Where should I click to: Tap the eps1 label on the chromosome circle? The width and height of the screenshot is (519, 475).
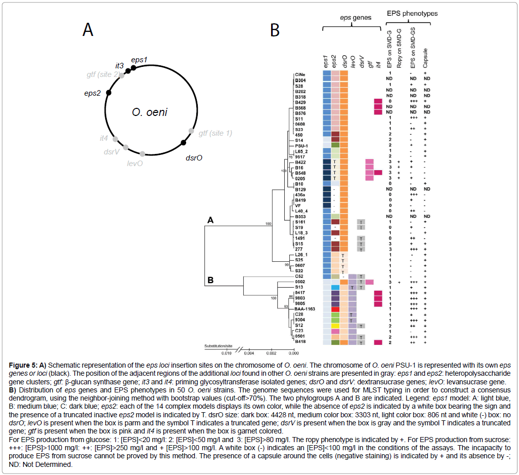click(x=139, y=59)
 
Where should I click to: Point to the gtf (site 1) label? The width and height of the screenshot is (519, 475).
click(x=215, y=133)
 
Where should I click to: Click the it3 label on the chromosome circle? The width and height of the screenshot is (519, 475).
click(x=119, y=66)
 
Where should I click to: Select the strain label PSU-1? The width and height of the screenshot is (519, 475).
click(x=302, y=145)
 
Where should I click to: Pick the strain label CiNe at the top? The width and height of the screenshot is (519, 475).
click(x=300, y=74)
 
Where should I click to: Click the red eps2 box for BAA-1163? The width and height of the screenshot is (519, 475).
click(x=334, y=308)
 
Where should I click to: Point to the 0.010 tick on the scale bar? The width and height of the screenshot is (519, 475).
click(x=226, y=352)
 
